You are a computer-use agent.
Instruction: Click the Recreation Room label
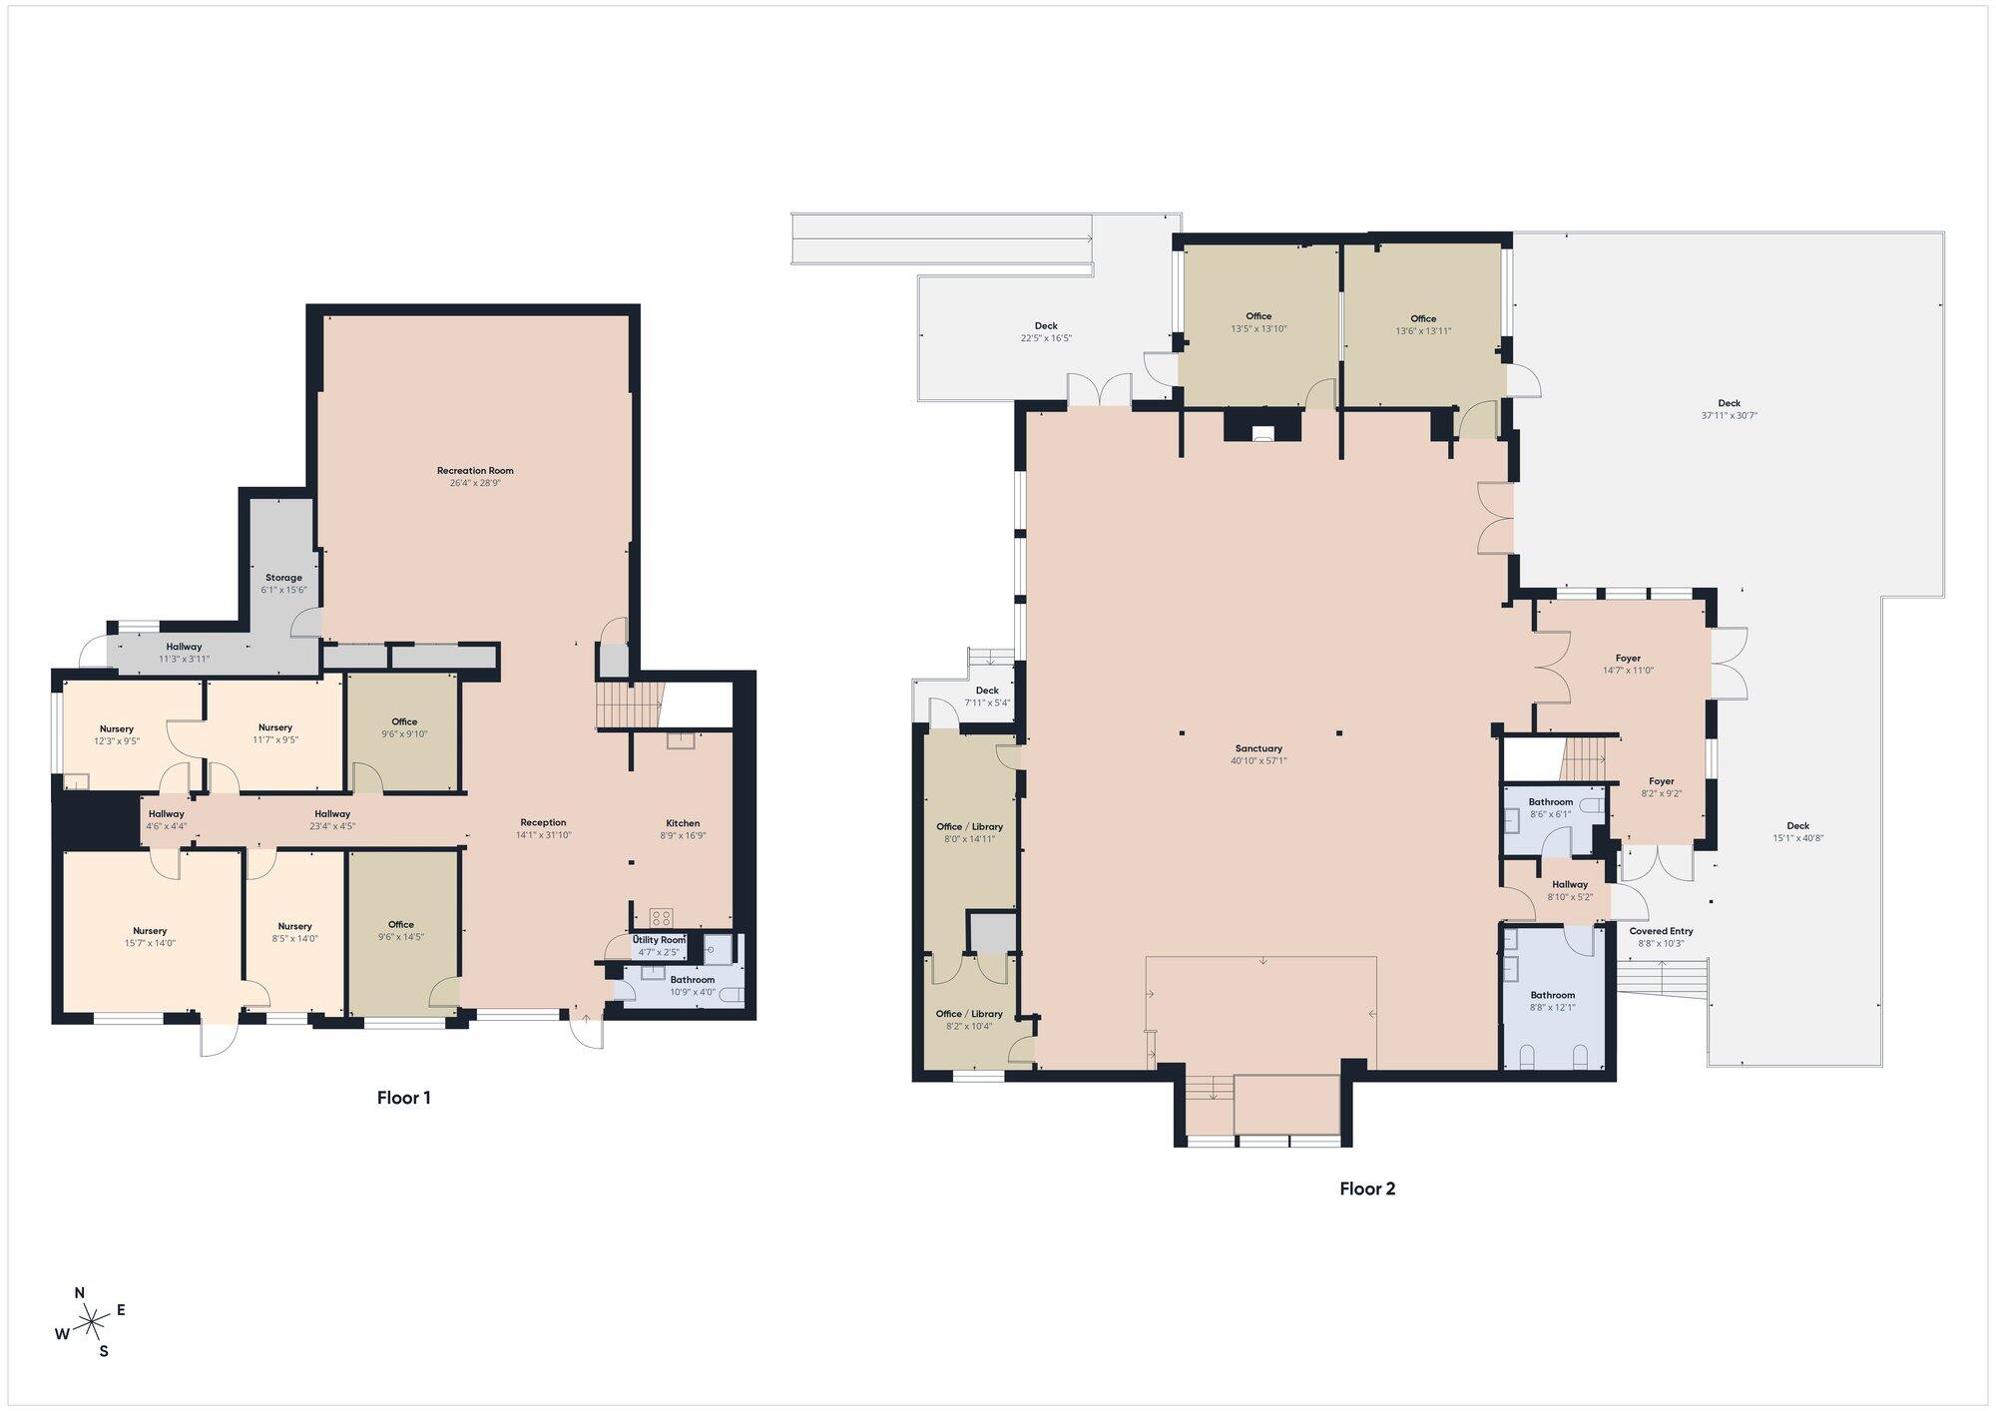coord(475,470)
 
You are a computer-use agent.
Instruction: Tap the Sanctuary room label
coord(1258,748)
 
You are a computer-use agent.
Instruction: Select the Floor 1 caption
coord(404,1098)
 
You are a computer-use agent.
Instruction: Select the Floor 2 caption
coord(1367,1188)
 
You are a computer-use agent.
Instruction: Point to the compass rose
coord(91,1324)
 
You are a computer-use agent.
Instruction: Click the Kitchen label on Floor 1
coord(683,823)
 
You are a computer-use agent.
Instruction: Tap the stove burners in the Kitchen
coord(661,918)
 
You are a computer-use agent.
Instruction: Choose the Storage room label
coord(283,578)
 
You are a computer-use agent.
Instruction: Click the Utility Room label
coord(659,940)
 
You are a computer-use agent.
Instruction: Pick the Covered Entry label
coord(1662,931)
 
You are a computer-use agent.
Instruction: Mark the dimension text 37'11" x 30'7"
coord(1730,415)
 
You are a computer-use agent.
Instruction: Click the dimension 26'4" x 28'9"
coord(475,483)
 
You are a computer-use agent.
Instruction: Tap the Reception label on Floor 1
coord(543,823)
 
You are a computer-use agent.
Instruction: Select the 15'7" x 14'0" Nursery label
coord(150,937)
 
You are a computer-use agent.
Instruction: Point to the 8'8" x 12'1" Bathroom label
coord(1553,1001)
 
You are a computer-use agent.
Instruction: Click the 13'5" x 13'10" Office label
coord(1258,322)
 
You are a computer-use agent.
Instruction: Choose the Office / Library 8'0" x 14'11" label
coord(969,832)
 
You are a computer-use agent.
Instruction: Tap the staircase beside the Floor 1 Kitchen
coord(630,705)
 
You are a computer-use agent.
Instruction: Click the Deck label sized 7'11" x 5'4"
coord(987,697)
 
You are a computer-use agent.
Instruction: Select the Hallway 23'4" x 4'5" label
coord(332,820)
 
